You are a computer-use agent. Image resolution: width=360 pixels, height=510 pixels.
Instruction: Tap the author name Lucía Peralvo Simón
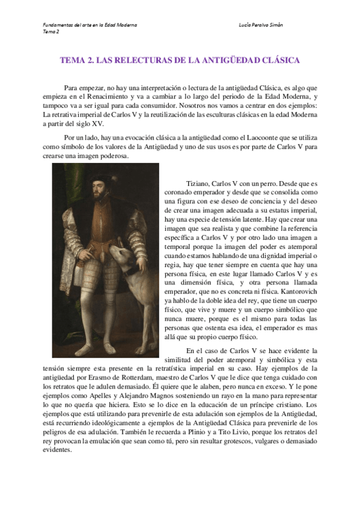point(261,25)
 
